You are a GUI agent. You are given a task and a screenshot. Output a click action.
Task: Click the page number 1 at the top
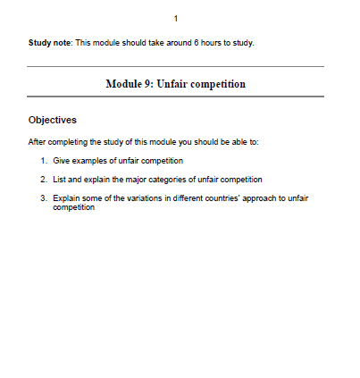(x=176, y=19)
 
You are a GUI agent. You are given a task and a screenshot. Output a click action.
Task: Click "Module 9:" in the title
(x=130, y=83)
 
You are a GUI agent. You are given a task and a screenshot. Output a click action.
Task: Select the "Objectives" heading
(x=52, y=119)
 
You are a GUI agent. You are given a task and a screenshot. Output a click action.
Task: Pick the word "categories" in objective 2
(x=178, y=180)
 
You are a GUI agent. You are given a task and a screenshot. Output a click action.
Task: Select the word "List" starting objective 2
(x=60, y=180)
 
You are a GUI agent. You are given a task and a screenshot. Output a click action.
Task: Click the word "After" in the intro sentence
(x=38, y=141)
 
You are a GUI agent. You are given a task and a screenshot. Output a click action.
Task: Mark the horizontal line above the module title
(x=175, y=67)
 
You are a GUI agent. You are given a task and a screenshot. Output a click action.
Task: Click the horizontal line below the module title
(x=175, y=97)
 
